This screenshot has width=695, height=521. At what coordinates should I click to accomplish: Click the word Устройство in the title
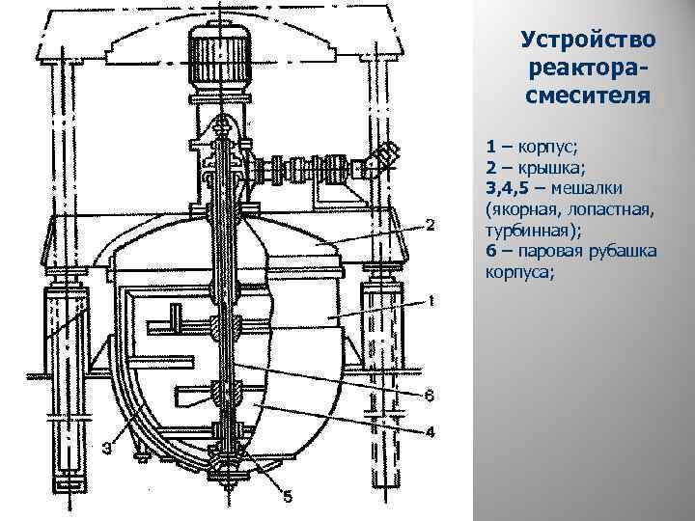(587, 41)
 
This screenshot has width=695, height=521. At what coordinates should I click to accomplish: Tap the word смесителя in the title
(587, 96)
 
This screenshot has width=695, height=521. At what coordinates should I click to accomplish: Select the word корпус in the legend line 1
(546, 148)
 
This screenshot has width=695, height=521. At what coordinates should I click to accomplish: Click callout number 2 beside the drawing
(431, 225)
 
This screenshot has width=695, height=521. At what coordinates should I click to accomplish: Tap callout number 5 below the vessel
(287, 496)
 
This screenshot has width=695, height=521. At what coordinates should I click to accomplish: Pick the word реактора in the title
(585, 69)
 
